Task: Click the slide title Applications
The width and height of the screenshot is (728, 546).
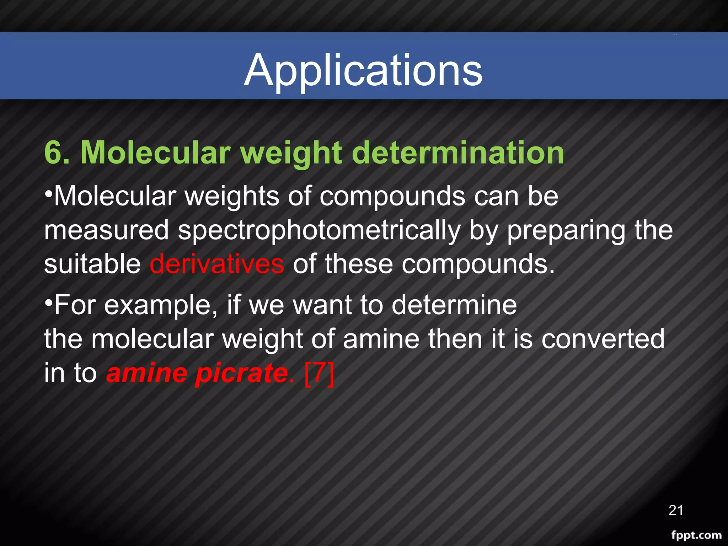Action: tap(363, 70)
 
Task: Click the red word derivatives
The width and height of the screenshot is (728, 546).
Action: tap(217, 264)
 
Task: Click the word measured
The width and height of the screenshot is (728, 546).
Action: tap(106, 230)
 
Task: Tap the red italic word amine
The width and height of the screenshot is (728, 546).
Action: tap(146, 373)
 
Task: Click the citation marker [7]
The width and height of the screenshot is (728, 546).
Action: tap(320, 373)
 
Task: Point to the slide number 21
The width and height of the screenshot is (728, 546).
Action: tap(676, 510)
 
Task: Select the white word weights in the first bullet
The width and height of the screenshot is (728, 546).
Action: tap(232, 197)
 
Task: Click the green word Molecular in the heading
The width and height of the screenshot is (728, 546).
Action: tap(156, 153)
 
